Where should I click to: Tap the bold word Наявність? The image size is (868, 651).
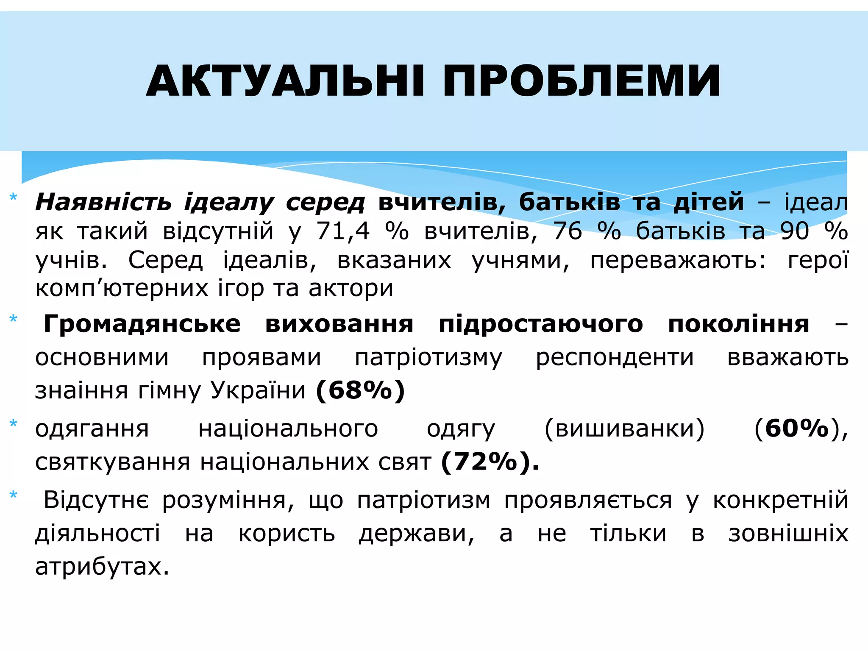(x=103, y=202)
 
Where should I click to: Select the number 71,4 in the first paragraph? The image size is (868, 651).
(x=343, y=231)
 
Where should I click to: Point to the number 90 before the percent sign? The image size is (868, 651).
(x=795, y=231)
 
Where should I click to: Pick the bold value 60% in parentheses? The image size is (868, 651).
(x=797, y=428)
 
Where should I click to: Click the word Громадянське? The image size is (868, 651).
(x=142, y=324)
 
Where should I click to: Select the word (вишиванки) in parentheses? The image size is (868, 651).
(x=625, y=428)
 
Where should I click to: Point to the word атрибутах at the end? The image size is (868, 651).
(x=102, y=566)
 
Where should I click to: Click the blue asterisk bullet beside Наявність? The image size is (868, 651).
(x=13, y=198)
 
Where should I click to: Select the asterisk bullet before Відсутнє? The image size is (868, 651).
(x=13, y=495)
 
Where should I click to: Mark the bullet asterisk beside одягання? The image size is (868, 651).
(x=13, y=423)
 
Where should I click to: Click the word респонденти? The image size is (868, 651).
(x=615, y=357)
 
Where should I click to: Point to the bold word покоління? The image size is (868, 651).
(x=738, y=324)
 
